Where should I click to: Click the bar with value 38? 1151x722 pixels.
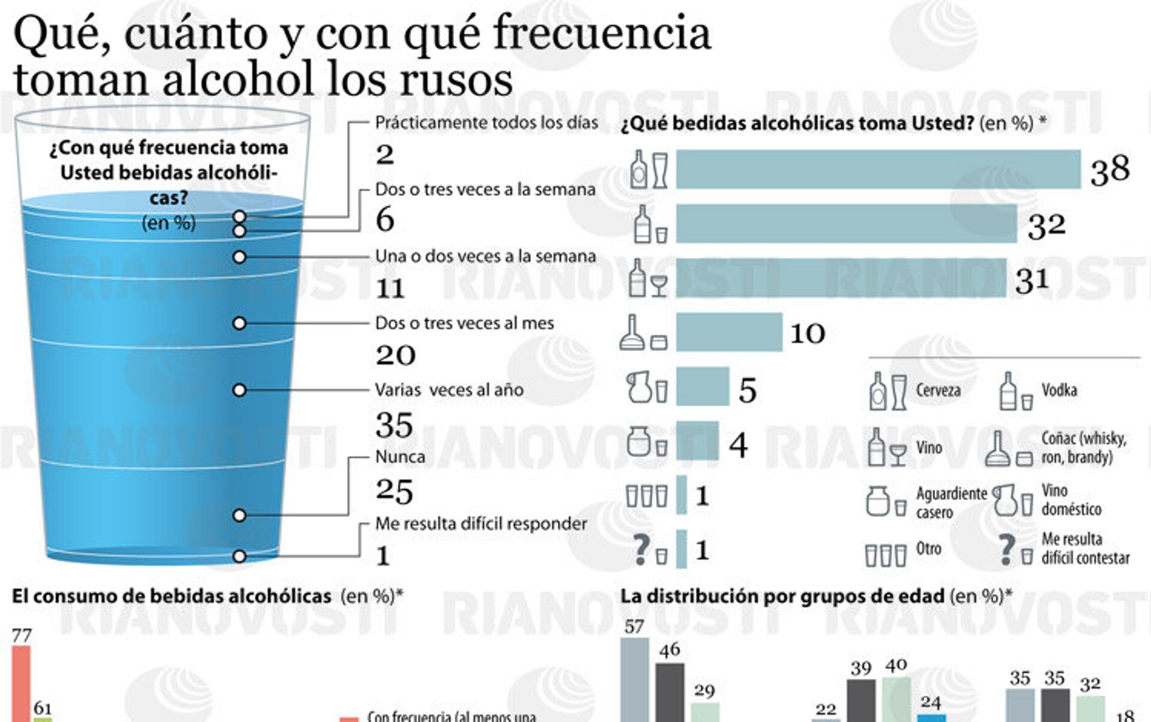click(878, 169)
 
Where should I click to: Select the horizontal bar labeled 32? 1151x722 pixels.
click(846, 224)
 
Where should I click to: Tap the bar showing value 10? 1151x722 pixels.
click(729, 332)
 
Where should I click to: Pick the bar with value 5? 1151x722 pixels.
click(703, 387)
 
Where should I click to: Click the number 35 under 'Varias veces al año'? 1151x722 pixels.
click(394, 425)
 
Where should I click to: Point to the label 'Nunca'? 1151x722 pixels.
click(400, 457)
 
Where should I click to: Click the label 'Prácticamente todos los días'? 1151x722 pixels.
click(486, 123)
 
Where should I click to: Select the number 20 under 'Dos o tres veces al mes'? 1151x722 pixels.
click(395, 355)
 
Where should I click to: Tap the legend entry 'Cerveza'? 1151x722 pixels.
click(938, 390)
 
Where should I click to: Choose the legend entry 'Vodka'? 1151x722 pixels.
click(1059, 390)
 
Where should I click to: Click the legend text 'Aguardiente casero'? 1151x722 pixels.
click(951, 503)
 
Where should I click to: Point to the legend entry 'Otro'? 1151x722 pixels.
click(929, 549)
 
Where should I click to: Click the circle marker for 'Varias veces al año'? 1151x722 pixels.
click(239, 390)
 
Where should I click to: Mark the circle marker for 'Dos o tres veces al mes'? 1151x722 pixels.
click(239, 324)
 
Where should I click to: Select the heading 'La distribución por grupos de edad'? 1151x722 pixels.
click(782, 596)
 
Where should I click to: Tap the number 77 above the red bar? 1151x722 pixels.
click(22, 636)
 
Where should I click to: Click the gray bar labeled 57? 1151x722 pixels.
click(634, 680)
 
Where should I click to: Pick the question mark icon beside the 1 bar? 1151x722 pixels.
click(641, 549)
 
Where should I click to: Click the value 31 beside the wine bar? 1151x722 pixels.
click(1032, 280)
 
